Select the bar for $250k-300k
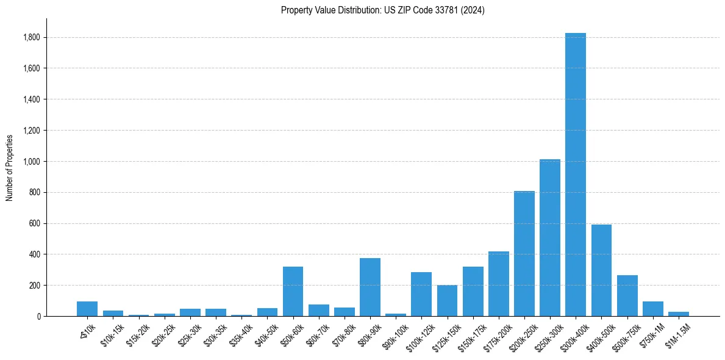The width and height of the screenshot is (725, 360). [549, 238]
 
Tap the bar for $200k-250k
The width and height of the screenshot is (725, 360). [524, 254]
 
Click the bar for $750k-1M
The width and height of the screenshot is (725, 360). [652, 309]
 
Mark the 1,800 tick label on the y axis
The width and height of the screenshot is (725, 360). [32, 37]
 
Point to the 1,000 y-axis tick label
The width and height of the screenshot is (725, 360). [32, 162]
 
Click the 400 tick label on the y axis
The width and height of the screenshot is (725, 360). [35, 254]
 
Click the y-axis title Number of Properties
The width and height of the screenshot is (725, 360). [9, 167]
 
